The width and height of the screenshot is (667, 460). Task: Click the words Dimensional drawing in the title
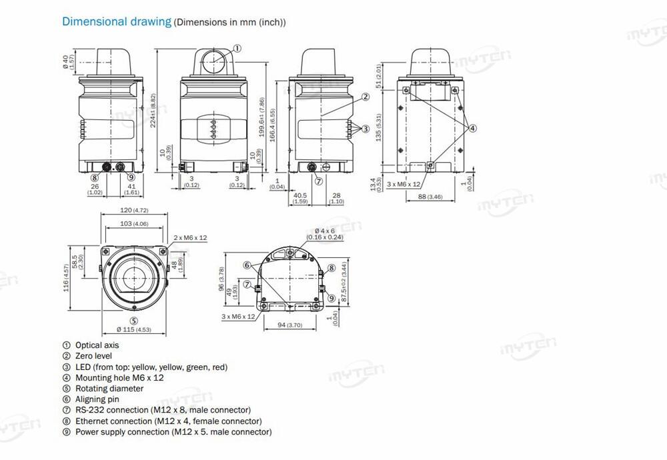pos(117,21)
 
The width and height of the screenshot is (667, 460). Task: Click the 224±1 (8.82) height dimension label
pos(154,111)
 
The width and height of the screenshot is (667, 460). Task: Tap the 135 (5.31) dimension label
pos(380,127)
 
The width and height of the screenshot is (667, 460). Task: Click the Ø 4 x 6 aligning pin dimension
pos(324,233)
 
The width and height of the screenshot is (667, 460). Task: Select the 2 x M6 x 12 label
pos(191,237)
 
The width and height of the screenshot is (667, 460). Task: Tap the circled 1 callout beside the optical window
pos(237,48)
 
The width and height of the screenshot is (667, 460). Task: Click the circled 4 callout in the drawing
pos(472,128)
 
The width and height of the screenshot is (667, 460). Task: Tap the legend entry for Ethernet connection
pos(168,421)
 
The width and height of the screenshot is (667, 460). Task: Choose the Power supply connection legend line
pos(173,432)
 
